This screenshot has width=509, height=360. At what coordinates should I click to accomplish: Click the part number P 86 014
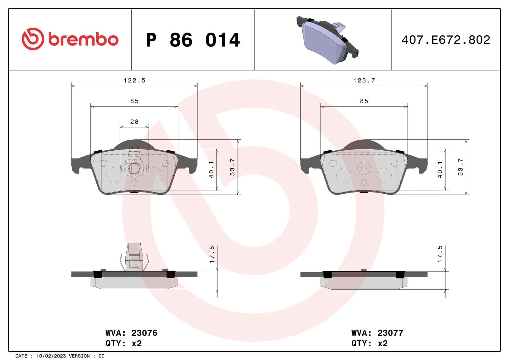[193, 40]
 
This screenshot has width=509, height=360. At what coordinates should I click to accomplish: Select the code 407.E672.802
[446, 40]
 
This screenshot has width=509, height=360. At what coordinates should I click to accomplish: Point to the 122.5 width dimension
[134, 81]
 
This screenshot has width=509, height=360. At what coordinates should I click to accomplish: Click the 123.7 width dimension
[364, 81]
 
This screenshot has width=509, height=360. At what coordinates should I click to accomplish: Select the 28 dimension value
[134, 122]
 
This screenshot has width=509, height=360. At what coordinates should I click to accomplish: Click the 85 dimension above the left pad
[134, 101]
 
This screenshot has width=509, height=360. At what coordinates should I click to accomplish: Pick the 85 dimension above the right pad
[364, 101]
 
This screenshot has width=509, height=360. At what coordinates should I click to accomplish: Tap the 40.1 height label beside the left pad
[211, 169]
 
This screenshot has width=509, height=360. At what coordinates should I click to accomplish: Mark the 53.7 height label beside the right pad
[460, 167]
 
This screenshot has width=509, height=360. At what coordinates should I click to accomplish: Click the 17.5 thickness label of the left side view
[212, 254]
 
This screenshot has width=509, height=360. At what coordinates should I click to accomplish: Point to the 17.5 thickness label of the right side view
[440, 254]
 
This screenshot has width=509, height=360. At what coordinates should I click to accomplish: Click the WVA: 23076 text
[131, 333]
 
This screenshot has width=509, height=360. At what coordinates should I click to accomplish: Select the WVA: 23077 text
[377, 333]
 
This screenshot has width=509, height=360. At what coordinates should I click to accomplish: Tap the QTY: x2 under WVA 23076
[123, 343]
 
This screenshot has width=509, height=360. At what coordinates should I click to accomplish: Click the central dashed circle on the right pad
[364, 168]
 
